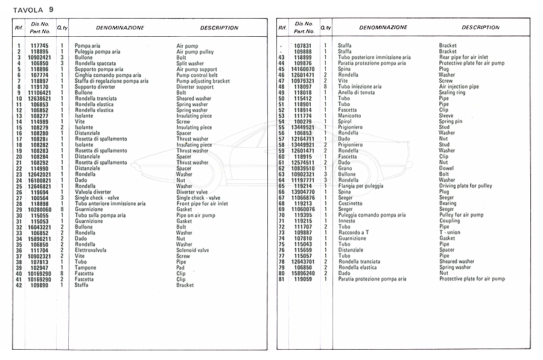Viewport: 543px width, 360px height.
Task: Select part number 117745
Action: [39, 46]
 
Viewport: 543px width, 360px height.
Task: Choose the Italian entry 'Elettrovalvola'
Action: [92, 250]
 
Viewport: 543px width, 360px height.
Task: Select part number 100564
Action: [39, 198]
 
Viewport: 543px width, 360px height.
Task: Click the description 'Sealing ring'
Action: [452, 92]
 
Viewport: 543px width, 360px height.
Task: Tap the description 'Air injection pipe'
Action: [459, 86]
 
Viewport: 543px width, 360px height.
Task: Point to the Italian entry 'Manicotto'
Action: [350, 116]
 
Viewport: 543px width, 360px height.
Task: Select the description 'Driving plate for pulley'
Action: [466, 186]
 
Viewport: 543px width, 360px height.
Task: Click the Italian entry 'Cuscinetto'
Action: [351, 203]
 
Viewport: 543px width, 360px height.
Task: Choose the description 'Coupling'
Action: [449, 221]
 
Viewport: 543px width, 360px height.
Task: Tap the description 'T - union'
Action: [450, 232]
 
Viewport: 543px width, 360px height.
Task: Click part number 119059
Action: [302, 279]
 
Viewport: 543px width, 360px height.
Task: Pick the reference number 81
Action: [281, 279]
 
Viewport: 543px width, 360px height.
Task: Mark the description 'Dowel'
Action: [446, 168]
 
